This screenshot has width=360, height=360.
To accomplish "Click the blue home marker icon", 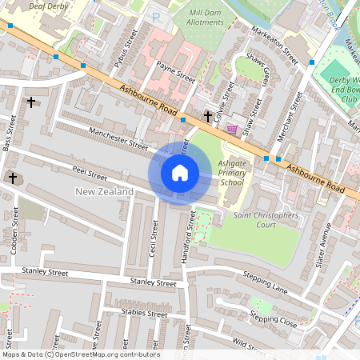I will coord(180,172).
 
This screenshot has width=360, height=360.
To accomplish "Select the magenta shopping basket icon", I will coord(232,129).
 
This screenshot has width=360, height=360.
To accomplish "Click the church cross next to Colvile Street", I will coord(208,117).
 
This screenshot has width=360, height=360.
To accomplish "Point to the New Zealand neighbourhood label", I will coord(104,191).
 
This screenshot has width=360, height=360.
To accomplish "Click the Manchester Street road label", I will coord(118,141).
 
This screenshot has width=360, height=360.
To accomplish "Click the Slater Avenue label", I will coord(325,246).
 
